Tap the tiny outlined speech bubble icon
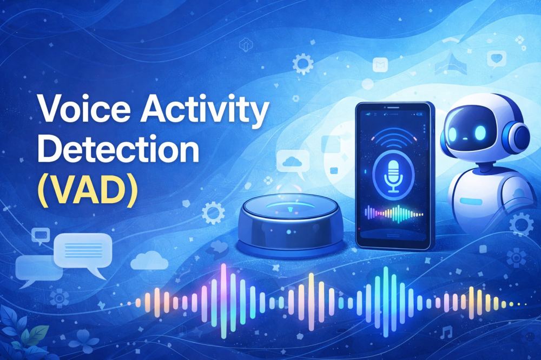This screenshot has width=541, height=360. (x=40, y=235)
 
